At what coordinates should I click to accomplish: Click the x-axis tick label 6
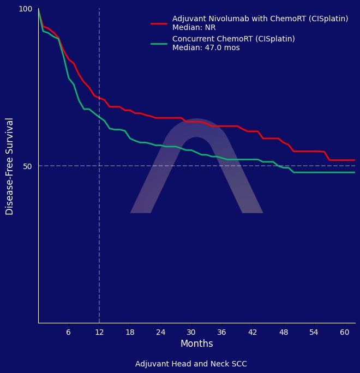[68, 332]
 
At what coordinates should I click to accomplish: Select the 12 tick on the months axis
[99, 332]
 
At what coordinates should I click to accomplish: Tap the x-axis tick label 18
[130, 332]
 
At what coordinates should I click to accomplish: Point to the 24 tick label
[160, 332]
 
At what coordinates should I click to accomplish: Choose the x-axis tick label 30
[191, 332]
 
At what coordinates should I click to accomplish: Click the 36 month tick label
[221, 332]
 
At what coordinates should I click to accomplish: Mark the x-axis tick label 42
[252, 332]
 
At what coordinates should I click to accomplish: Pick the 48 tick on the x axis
[283, 332]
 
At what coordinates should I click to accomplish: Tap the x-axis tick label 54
[314, 332]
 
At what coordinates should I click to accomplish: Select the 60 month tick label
[344, 332]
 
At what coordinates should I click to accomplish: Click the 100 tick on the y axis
[26, 9]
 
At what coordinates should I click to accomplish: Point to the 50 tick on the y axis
[28, 166]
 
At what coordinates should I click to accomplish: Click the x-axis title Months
[196, 344]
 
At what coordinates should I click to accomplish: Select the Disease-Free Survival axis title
[10, 166]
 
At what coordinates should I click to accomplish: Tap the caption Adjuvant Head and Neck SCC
[191, 364]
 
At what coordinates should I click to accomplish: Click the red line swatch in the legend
[159, 23]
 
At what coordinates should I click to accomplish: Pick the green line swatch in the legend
[159, 43]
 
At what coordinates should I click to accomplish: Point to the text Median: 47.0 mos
[206, 48]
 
